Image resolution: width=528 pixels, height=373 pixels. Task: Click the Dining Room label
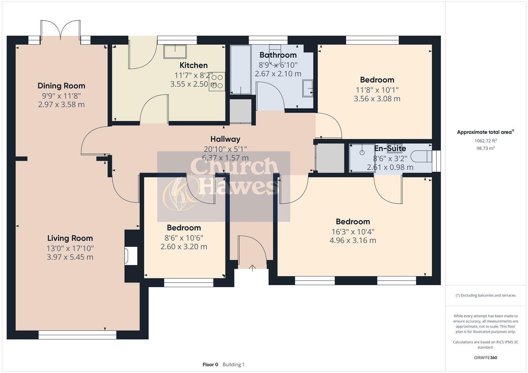[61, 86]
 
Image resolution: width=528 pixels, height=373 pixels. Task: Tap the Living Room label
[70, 238]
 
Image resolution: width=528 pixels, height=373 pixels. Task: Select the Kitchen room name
[193, 65]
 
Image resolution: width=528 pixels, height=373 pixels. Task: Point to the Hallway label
[225, 139]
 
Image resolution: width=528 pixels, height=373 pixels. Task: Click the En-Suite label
[390, 149]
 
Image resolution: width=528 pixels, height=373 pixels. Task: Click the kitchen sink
[175, 51]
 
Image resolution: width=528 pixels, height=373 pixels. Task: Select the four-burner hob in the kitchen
[217, 82]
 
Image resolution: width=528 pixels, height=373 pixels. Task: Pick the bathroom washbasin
[308, 88]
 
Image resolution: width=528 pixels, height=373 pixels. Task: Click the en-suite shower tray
[362, 158]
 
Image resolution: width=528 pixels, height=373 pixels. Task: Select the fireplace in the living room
[131, 256]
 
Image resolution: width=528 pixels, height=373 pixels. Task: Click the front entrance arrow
[252, 268]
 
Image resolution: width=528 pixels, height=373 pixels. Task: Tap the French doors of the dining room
[61, 30]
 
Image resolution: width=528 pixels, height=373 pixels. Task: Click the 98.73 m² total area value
[485, 148]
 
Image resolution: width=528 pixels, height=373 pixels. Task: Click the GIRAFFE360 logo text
[485, 357]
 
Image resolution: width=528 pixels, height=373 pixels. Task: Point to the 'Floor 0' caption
[210, 364]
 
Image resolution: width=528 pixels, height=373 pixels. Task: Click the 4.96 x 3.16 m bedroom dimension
[353, 240]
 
